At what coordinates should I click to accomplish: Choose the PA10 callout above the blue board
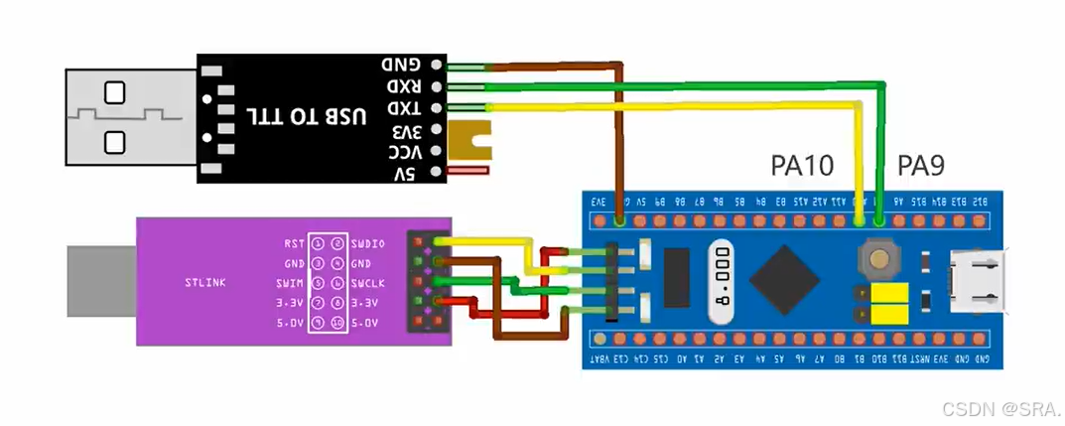802,165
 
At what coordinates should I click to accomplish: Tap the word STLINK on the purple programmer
205,283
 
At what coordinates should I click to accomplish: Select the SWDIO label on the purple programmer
367,243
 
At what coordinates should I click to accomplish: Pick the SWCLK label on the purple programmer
367,283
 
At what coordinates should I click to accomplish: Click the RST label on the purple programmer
294,243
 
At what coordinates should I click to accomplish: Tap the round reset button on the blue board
878,261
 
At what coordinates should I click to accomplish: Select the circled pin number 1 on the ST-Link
318,243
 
